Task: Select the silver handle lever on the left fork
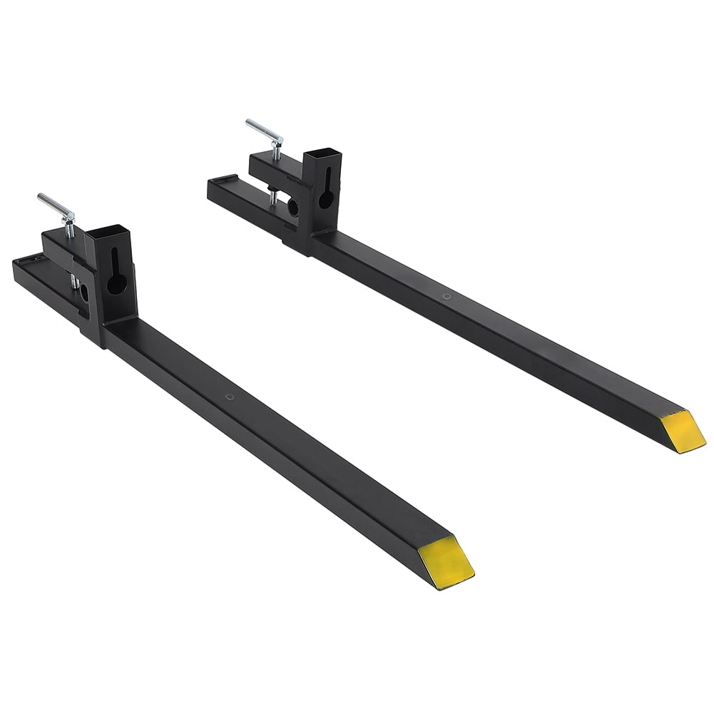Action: (x=56, y=208)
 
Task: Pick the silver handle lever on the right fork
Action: (x=263, y=130)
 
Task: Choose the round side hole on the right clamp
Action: (x=292, y=208)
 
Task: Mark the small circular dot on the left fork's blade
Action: (x=228, y=397)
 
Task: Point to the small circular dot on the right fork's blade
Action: (x=446, y=295)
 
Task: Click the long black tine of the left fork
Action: (x=285, y=442)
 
